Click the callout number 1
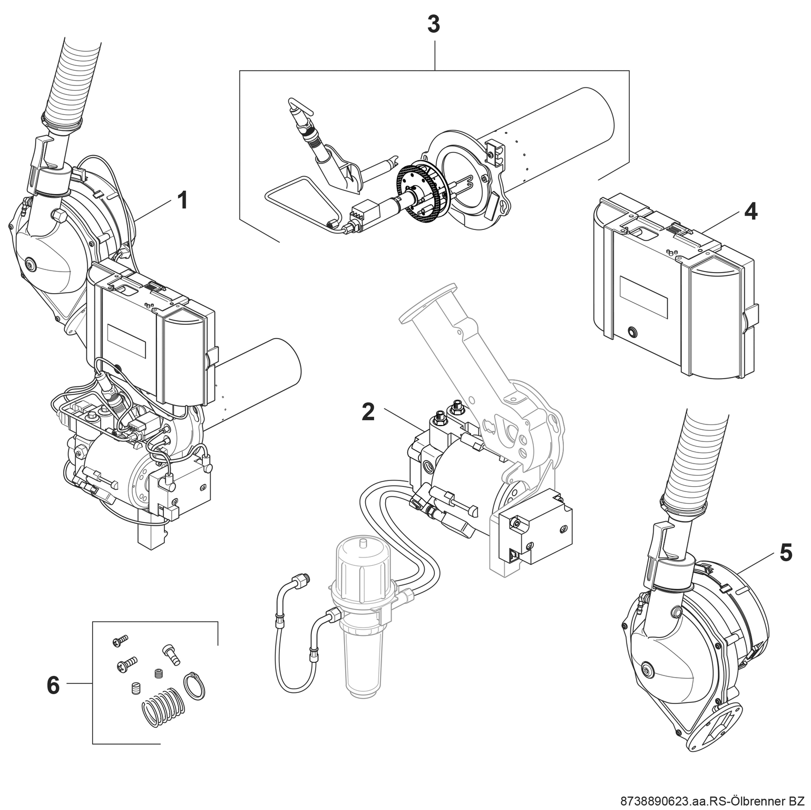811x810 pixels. pos(182,200)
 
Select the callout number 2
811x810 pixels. pos(368,412)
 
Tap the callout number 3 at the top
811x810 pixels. pos(433,25)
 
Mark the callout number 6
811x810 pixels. pos(53,686)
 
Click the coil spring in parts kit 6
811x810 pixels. pos(163,707)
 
